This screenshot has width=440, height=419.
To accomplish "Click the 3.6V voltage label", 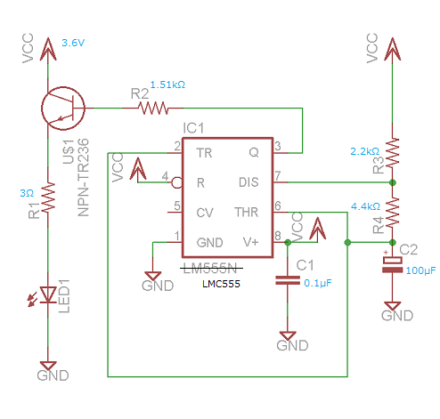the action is pyautogui.click(x=73, y=43).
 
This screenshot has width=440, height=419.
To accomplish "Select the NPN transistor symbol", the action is pyautogui.click(x=63, y=109).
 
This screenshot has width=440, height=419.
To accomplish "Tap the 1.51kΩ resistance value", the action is pyautogui.click(x=167, y=85).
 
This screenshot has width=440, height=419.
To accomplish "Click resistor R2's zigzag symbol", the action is pyautogui.click(x=153, y=109).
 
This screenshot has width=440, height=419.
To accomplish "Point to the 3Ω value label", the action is pyautogui.click(x=27, y=193).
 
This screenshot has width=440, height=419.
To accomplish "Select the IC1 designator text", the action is pyautogui.click(x=193, y=128).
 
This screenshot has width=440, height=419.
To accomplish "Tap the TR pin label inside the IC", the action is pyautogui.click(x=204, y=153).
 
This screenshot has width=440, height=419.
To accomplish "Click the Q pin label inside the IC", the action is pyautogui.click(x=254, y=153).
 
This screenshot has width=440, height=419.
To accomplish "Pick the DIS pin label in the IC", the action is pyautogui.click(x=249, y=182).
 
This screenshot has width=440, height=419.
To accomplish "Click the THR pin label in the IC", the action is pyautogui.click(x=247, y=213).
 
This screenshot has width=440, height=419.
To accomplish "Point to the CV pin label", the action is pyautogui.click(x=205, y=213).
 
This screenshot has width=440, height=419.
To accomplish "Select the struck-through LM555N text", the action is pyautogui.click(x=210, y=269).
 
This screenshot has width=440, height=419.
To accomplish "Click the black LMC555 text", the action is pyautogui.click(x=221, y=284).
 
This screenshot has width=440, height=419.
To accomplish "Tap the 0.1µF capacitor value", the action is pyautogui.click(x=318, y=283).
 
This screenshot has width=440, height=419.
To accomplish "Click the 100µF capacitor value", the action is pyautogui.click(x=420, y=270).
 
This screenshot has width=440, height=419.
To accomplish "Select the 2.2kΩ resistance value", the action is pyautogui.click(x=365, y=151).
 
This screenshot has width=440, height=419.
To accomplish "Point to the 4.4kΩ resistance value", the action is pyautogui.click(x=365, y=206).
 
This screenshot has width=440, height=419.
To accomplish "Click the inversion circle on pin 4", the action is pyautogui.click(x=177, y=182).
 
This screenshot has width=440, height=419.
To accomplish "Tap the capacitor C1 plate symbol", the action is pyautogui.click(x=288, y=280).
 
